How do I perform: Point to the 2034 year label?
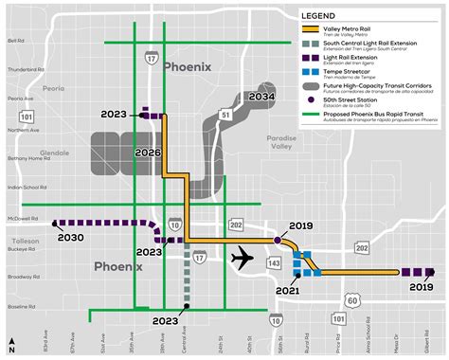coord(261,97)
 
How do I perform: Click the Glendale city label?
coord(54,152)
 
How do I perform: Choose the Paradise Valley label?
coord(280,142)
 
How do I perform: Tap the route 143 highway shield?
coord(276,261)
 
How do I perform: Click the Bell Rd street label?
coord(16,41)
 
